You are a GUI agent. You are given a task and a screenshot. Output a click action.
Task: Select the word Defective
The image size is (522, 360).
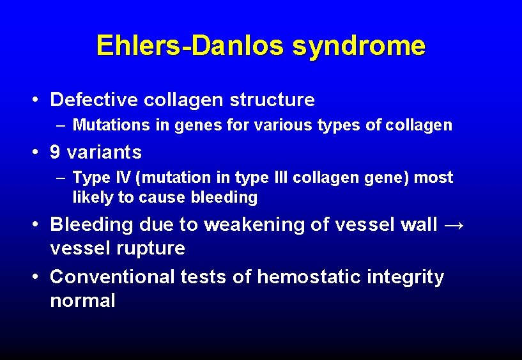point(95,100)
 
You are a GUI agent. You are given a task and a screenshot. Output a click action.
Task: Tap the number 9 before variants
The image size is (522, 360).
point(55,152)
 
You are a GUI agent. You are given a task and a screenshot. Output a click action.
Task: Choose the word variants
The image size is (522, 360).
point(104,152)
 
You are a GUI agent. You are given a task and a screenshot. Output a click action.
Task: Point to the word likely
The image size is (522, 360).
point(93,198)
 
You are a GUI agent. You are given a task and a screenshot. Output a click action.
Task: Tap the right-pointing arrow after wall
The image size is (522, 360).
point(456,224)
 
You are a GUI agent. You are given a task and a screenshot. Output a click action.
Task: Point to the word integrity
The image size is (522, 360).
point(406,277)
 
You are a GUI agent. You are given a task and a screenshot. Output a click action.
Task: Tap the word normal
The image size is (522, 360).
point(82,301)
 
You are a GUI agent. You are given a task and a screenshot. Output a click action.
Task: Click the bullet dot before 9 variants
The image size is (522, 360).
point(38,153)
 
